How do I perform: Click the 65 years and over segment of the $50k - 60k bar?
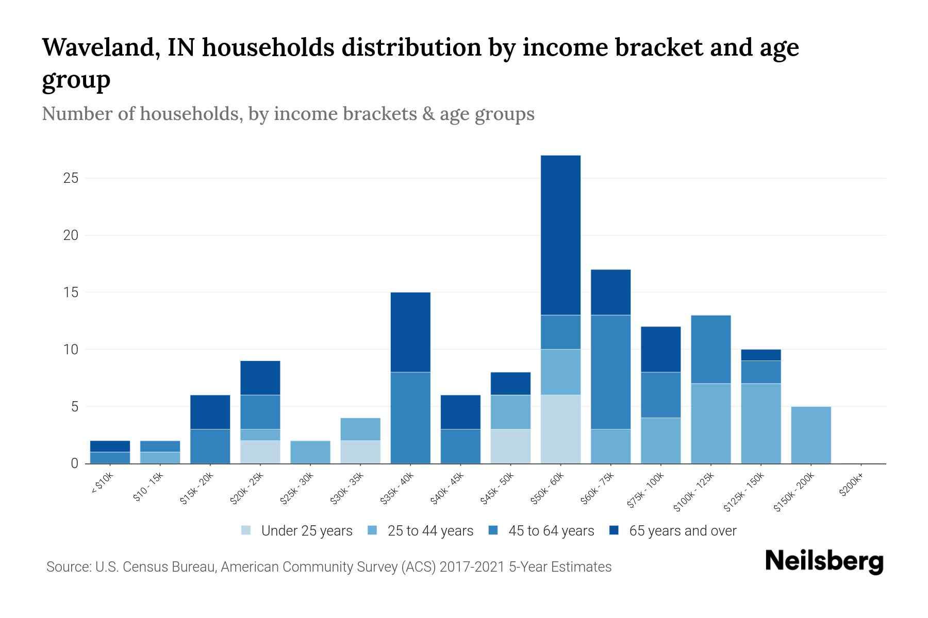pyautogui.click(x=560, y=235)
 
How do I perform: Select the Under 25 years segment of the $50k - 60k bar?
pyautogui.click(x=560, y=429)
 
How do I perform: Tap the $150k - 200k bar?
pyautogui.click(x=811, y=435)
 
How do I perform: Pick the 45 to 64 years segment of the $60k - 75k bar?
pyautogui.click(x=610, y=372)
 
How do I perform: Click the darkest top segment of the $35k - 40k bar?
pyautogui.click(x=410, y=332)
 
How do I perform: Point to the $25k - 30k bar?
pyautogui.click(x=310, y=452)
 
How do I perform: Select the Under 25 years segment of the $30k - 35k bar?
pyautogui.click(x=360, y=452)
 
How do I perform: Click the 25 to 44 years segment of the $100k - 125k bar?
pyautogui.click(x=711, y=423)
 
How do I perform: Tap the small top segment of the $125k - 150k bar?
pyautogui.click(x=761, y=355)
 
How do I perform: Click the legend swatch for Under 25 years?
pyautogui.click(x=246, y=530)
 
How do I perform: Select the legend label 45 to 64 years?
pyautogui.click(x=551, y=531)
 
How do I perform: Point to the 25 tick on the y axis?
pyautogui.click(x=71, y=178)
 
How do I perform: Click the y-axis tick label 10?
pyautogui.click(x=71, y=350)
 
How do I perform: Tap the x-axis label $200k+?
pyautogui.click(x=851, y=486)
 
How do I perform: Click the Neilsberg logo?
pyautogui.click(x=824, y=561)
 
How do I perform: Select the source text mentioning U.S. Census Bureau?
pyautogui.click(x=329, y=567)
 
